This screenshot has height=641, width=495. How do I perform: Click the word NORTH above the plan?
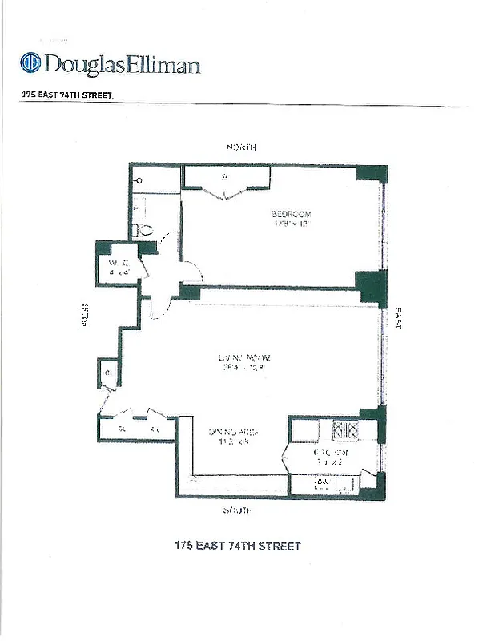pos(241,147)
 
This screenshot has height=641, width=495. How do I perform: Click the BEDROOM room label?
pos(291,214)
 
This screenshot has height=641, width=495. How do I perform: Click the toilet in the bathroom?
pos(144,230)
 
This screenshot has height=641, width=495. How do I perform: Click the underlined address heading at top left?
pos(68,94)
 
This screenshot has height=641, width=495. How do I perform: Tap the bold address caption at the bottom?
pos(238,546)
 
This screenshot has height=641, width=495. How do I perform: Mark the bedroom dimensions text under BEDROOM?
pos(291,224)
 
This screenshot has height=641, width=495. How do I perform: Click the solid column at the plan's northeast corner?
pos(372,174)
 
